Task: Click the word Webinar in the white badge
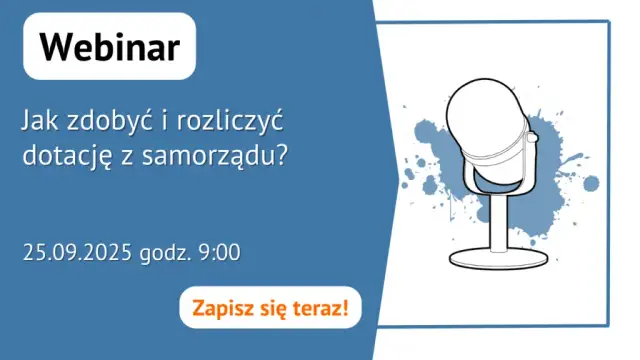coord(110,47)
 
